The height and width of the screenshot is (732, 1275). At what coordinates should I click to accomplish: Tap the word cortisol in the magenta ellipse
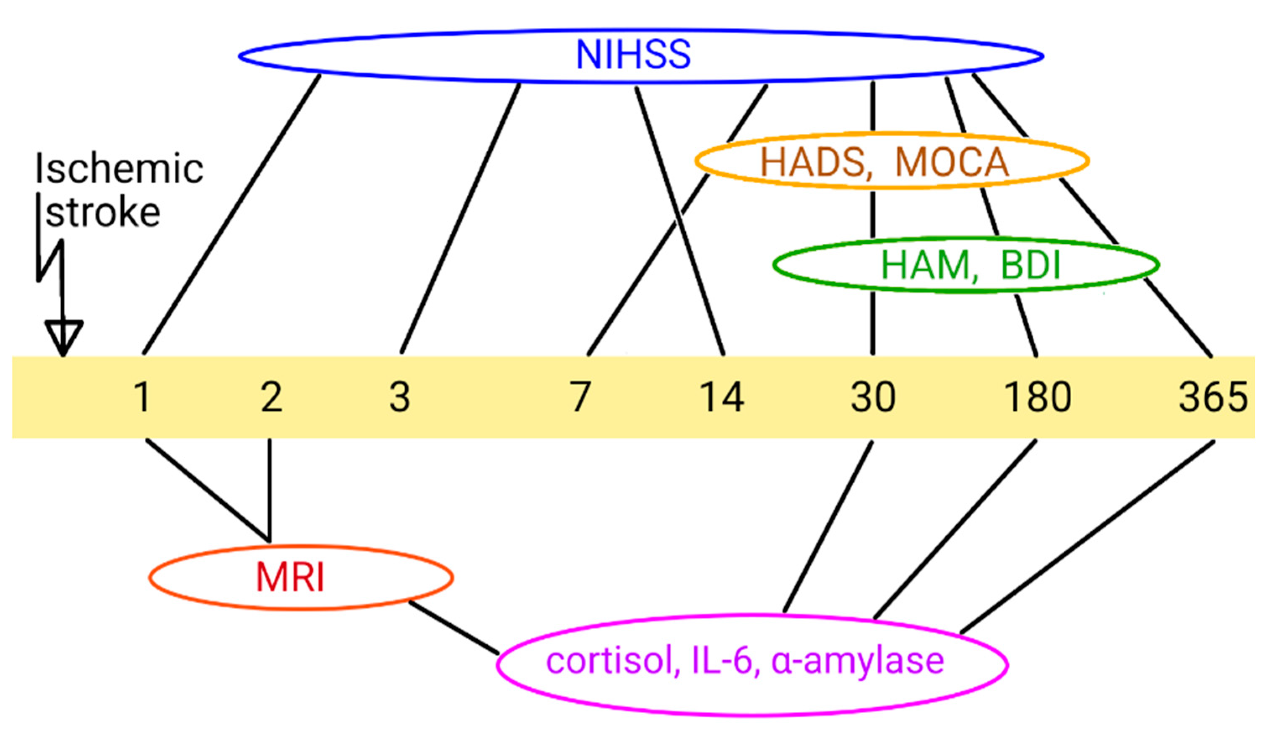point(609,661)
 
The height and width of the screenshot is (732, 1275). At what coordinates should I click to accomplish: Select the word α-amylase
point(857,661)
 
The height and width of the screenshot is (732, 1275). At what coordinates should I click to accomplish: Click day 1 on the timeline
point(142,397)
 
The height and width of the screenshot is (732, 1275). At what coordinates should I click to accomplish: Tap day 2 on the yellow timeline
point(271,397)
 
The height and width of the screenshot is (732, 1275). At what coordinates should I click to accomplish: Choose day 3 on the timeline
point(400,397)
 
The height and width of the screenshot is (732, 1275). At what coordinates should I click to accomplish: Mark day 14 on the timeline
point(722,397)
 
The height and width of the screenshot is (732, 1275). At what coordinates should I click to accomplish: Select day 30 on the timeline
point(873,397)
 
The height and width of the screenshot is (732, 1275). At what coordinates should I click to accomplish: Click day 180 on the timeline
point(1038,397)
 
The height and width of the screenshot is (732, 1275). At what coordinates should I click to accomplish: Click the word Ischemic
point(119,169)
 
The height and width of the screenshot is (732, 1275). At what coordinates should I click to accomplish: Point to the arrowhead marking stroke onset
point(63,337)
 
